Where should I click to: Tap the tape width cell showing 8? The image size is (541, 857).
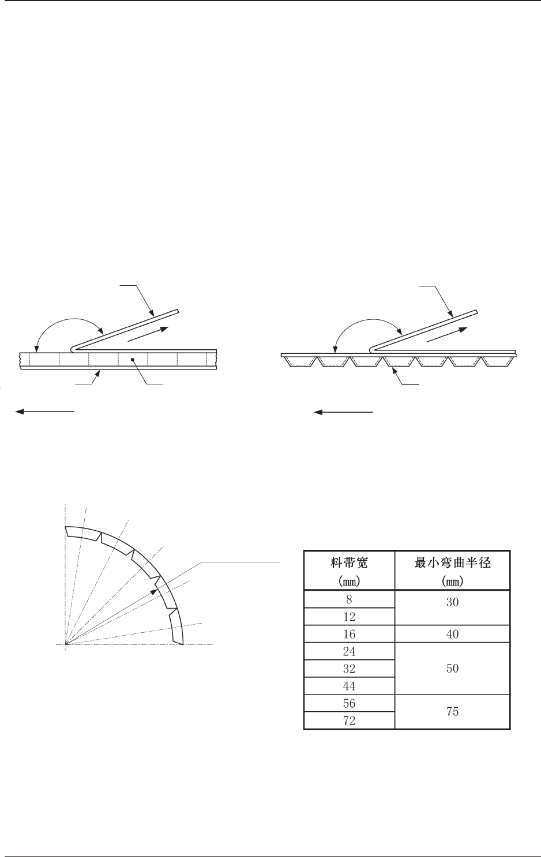click(x=349, y=599)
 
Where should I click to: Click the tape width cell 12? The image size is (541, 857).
click(x=349, y=617)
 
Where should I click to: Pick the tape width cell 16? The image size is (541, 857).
click(x=349, y=634)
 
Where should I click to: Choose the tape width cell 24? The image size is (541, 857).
click(x=349, y=651)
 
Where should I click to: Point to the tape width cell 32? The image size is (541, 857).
click(x=349, y=669)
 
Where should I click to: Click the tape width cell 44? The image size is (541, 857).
click(x=349, y=686)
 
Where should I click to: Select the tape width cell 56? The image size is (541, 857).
click(x=349, y=703)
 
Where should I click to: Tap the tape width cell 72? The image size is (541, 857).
click(x=349, y=720)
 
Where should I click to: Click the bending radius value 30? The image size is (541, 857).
click(x=453, y=607)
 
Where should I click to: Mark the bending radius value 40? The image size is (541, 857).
click(x=453, y=634)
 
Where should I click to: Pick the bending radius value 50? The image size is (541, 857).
click(x=453, y=669)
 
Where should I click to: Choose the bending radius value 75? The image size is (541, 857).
click(x=453, y=712)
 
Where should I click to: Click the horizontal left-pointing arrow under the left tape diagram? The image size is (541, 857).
click(x=45, y=411)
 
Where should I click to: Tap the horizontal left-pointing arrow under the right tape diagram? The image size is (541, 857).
click(x=344, y=412)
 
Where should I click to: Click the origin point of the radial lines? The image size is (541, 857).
click(x=66, y=644)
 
